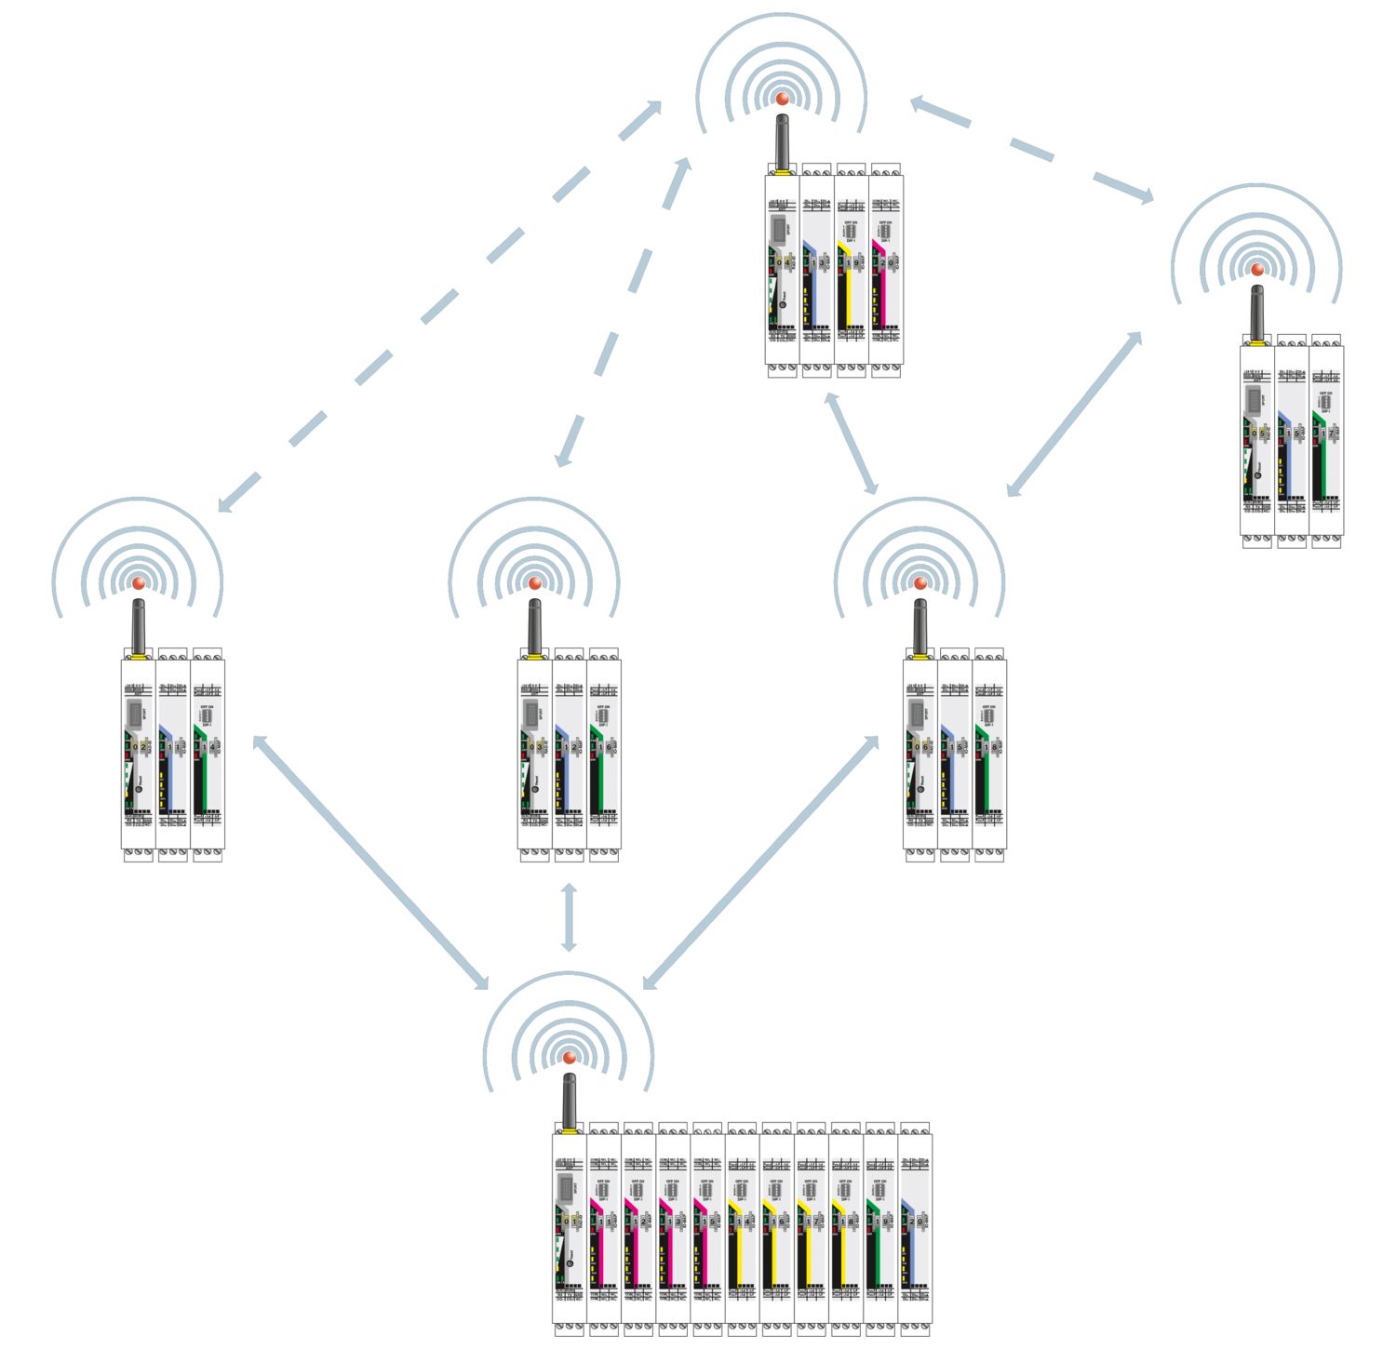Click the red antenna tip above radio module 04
(x=782, y=99)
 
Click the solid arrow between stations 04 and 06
(x=851, y=443)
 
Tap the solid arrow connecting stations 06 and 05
(x=1074, y=414)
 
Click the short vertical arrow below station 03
(x=569, y=917)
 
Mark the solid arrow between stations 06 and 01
(x=760, y=861)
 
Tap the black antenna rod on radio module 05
(x=1256, y=314)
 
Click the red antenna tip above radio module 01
(x=569, y=1058)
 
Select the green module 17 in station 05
(x=1326, y=442)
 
